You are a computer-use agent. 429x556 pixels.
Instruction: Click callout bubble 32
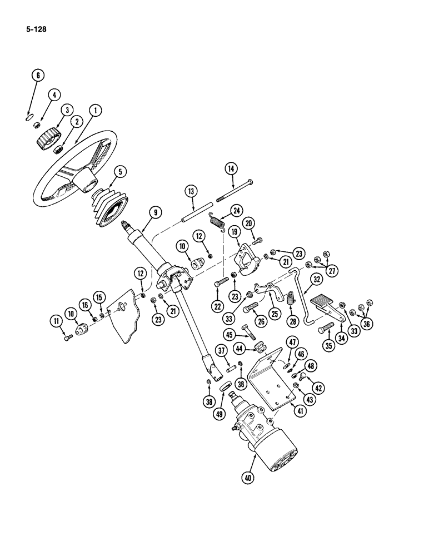316,280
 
